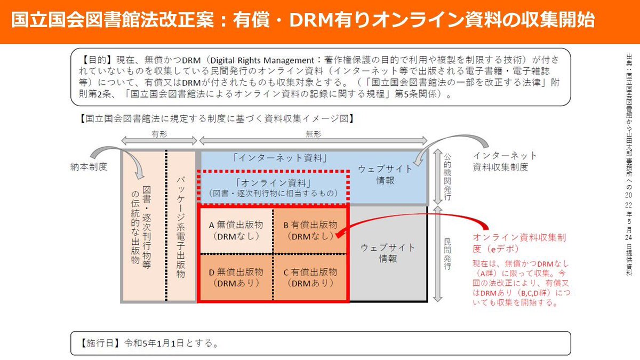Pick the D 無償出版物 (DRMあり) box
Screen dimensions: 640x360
pos(235,277)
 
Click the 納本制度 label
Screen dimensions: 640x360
pos(88,167)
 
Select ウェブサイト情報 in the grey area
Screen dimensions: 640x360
pos(388,253)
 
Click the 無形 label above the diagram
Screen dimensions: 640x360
pos(313,135)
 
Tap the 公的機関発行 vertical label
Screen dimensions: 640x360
pos(448,177)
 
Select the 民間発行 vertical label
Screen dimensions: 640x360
pos(448,254)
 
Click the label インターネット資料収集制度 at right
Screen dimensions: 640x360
pos(505,161)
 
